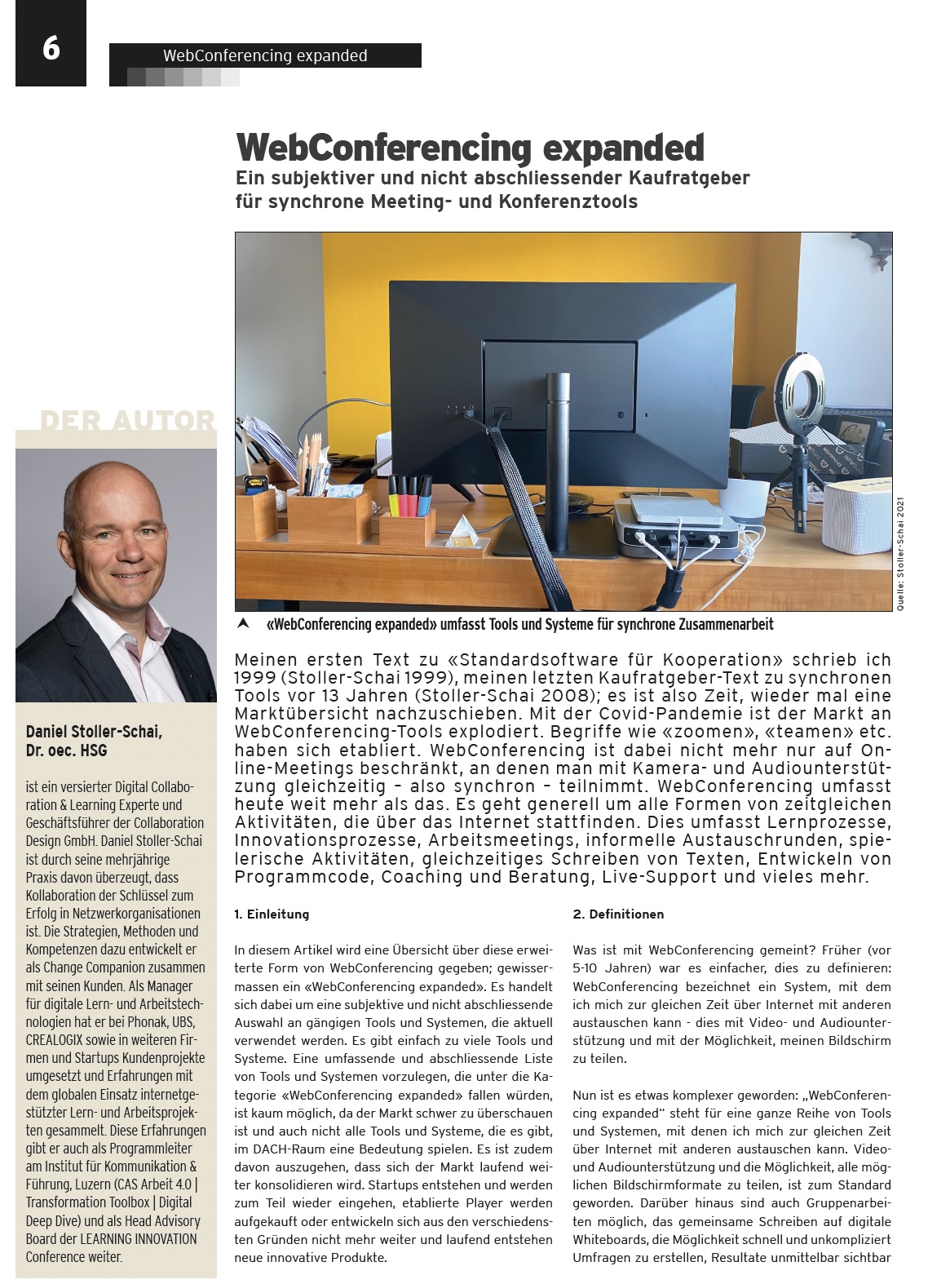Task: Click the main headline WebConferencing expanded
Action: click(470, 148)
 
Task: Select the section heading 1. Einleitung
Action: click(272, 914)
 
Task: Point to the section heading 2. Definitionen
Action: click(618, 914)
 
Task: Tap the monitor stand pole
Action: click(558, 457)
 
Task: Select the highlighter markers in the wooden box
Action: click(408, 495)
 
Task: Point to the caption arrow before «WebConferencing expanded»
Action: click(242, 624)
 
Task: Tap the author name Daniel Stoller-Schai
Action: click(94, 732)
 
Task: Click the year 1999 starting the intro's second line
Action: click(253, 678)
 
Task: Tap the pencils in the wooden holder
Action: click(313, 473)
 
